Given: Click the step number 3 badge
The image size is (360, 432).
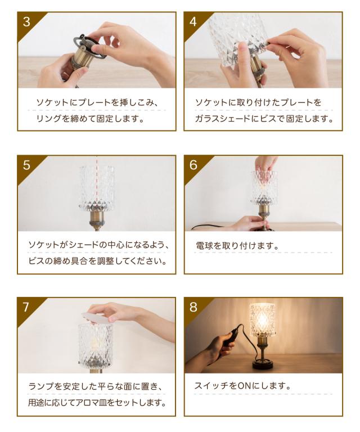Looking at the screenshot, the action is click(26, 21).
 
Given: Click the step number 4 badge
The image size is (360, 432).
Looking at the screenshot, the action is click(193, 21).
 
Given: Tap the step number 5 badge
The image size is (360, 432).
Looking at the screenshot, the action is click(26, 165).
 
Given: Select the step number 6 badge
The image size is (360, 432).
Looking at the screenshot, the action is click(193, 165).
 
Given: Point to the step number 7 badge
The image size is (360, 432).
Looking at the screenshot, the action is click(26, 307).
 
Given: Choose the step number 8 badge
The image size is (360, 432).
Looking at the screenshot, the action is click(193, 307).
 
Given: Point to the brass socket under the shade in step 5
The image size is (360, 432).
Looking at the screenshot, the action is click(96, 220).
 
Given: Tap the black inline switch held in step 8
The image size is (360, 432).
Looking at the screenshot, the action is click(229, 338).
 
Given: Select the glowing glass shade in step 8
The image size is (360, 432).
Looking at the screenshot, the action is click(263, 320).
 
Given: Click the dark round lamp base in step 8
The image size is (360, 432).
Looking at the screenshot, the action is click(263, 366).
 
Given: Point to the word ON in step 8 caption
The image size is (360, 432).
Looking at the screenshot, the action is click(244, 386).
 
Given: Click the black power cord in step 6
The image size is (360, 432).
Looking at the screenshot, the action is click(209, 227).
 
